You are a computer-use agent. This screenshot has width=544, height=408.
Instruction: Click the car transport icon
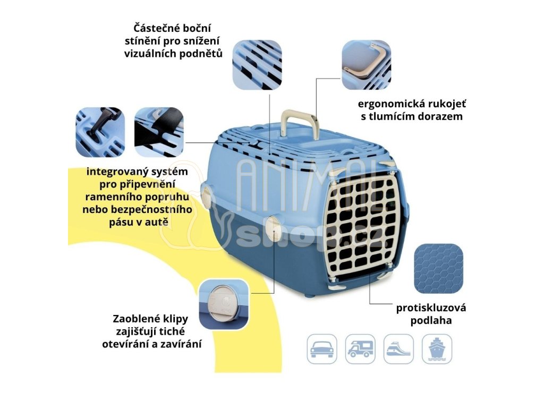[322, 348]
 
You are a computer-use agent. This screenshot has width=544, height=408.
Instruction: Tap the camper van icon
[360, 348]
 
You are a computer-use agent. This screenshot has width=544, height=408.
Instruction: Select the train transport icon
[398, 348]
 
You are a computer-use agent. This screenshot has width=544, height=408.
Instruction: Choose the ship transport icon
[437, 348]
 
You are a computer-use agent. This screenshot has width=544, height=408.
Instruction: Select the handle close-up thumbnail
[366, 64]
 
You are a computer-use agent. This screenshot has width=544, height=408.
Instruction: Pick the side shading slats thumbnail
[257, 64]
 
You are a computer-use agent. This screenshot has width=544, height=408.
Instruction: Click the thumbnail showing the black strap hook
[100, 132]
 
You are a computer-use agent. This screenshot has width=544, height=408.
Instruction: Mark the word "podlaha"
[431, 321]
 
